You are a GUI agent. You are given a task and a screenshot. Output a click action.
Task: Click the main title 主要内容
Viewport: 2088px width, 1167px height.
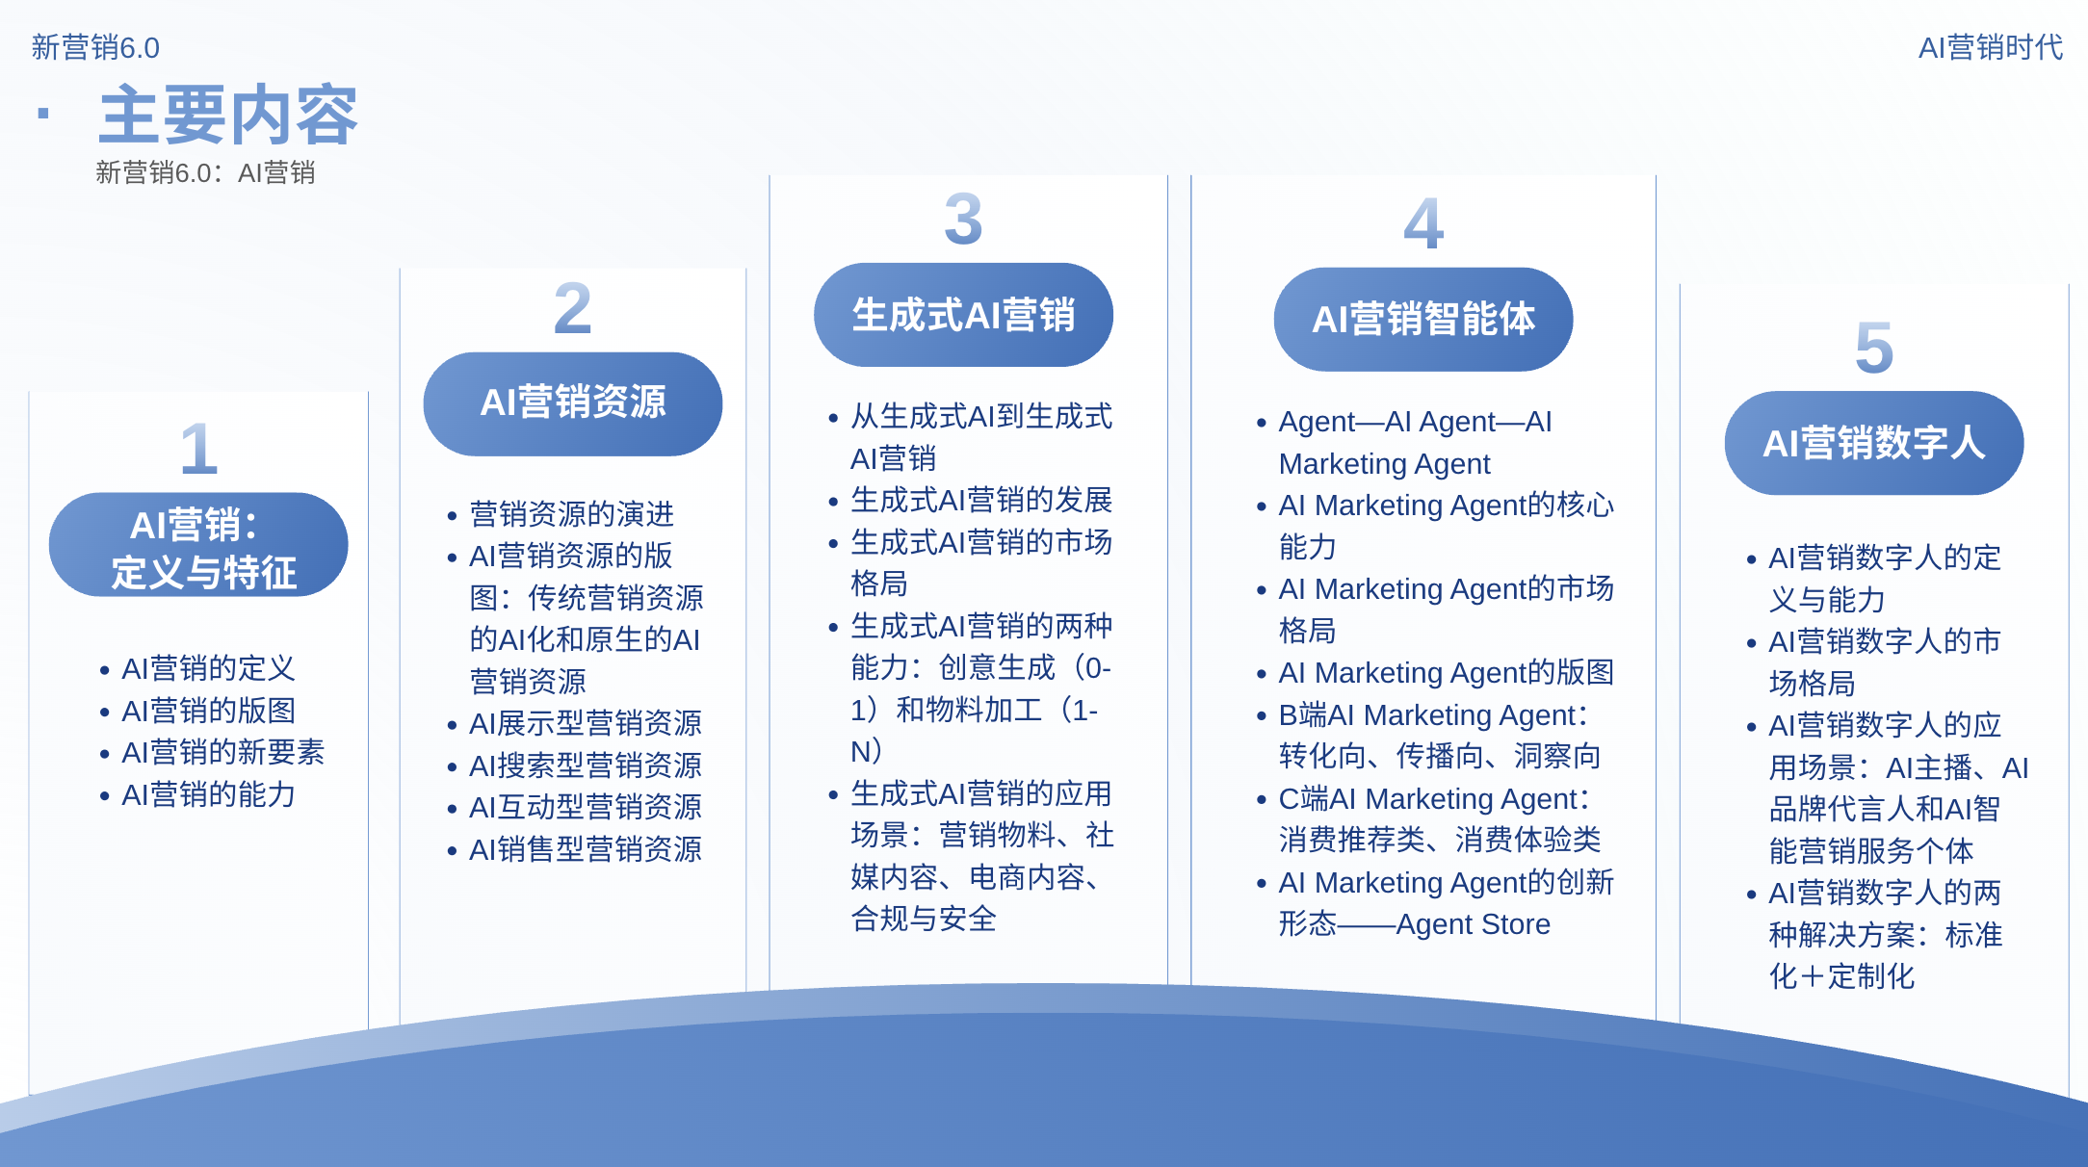pos(228,116)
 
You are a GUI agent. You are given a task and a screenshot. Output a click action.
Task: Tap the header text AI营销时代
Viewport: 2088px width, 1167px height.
pos(1990,47)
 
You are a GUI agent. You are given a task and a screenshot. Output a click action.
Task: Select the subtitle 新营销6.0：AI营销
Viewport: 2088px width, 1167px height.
pos(205,172)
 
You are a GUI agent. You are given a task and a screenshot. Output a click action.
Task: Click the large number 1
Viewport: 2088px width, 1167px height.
pos(199,449)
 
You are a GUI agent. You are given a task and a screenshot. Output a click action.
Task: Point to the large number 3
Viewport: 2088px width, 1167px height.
pos(963,220)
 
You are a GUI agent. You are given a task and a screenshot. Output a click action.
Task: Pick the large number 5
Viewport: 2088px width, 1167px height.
pos(1873,348)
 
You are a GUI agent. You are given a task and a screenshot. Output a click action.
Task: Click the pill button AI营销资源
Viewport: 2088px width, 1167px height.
pos(573,403)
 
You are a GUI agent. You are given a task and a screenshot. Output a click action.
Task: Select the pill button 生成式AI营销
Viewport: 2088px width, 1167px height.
pos(963,315)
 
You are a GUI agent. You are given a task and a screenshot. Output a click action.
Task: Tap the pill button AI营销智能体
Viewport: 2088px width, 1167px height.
pos(1423,319)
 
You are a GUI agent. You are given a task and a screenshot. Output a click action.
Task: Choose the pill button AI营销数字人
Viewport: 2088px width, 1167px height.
pos(1873,443)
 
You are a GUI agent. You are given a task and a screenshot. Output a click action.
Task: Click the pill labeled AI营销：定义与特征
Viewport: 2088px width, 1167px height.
pos(198,545)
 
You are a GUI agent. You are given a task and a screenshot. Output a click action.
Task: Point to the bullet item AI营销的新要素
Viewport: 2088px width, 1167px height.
pos(222,752)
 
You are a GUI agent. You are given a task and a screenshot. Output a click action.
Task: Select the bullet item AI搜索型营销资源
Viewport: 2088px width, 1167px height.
pos(585,765)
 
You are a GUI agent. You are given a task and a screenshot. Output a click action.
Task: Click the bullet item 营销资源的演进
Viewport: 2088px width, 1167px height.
pos(571,514)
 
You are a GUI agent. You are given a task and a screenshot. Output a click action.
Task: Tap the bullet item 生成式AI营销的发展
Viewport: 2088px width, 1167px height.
pos(981,500)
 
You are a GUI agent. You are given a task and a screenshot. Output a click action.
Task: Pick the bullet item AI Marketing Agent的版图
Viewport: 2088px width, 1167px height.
pos(1446,672)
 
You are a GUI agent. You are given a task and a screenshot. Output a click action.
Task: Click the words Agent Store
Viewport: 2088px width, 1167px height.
pos(1473,923)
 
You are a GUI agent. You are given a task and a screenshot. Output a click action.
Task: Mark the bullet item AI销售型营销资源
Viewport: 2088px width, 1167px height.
pos(585,849)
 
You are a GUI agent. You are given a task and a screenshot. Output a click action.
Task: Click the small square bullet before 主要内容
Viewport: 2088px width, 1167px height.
pos(43,114)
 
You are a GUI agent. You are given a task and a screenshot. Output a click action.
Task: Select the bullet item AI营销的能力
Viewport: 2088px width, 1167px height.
pos(208,794)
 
